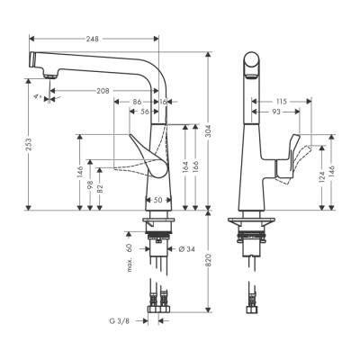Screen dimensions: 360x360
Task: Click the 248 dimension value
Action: coord(93,39)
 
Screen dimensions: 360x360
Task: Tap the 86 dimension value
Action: coord(138,103)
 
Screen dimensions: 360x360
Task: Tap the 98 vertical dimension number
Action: coord(90,185)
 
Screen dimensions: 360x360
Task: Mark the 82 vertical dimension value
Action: coord(100,189)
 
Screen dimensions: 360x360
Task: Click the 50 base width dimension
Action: coord(158,199)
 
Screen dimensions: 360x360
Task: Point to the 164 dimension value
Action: coord(185,166)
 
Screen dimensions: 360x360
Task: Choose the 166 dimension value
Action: coord(198,166)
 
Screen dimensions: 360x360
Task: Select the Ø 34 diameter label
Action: coord(185,248)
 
